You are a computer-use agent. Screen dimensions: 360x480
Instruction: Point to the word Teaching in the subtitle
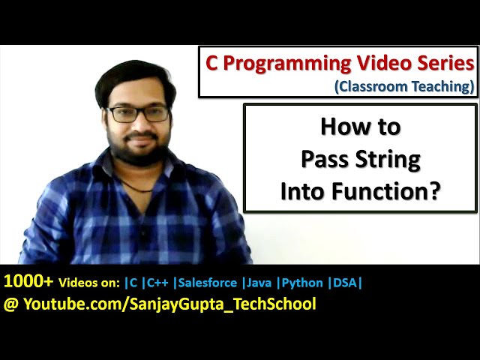click(x=442, y=86)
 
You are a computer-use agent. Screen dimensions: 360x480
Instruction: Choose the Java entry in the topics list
click(x=262, y=283)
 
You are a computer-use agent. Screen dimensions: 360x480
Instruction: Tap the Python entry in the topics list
click(x=304, y=283)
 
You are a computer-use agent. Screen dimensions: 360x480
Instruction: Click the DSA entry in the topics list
click(x=346, y=283)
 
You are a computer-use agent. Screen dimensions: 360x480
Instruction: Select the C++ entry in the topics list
click(x=158, y=283)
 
